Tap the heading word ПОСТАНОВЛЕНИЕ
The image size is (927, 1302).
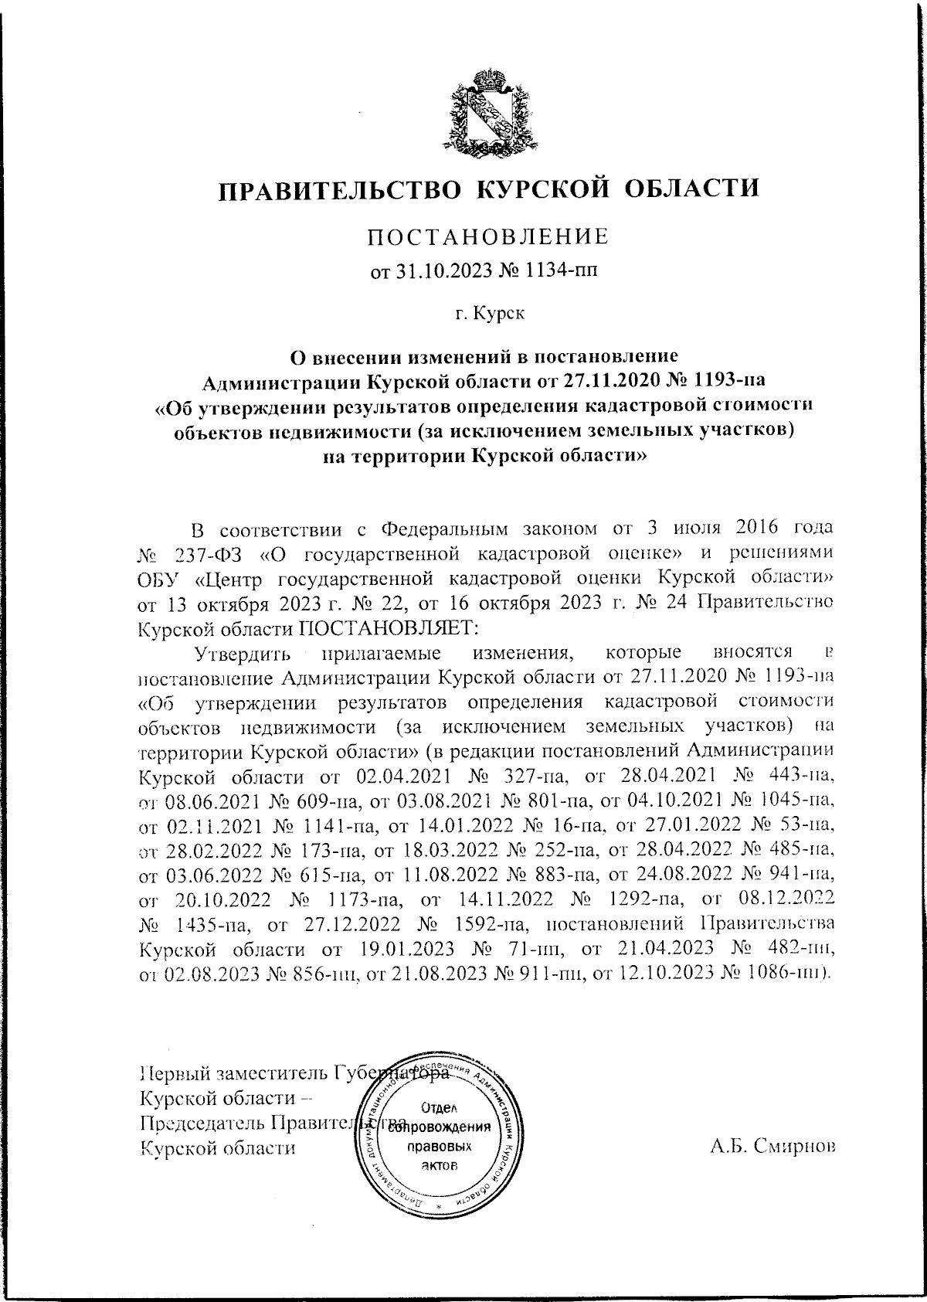pos(487,236)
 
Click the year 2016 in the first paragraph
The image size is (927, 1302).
pos(725,529)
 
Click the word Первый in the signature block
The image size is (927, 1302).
pos(174,1074)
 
